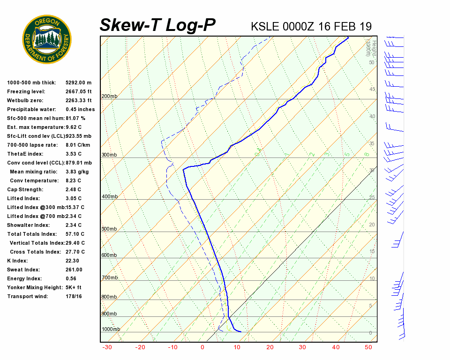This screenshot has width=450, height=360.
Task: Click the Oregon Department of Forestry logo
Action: pos(47,39)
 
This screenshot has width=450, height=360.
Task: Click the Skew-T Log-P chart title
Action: pos(157,25)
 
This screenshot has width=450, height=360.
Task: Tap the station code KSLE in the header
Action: pos(265,26)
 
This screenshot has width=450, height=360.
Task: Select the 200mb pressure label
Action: pos(109,97)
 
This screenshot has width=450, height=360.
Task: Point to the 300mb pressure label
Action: pos(109,155)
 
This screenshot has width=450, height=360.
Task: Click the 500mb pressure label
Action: pos(109,229)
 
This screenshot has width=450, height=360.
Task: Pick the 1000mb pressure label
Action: pos(111,330)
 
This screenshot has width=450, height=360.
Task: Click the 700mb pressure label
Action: pos(109,278)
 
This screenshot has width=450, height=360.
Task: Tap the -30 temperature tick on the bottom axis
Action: pos(107,347)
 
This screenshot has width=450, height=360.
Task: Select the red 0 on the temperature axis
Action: pos(202,347)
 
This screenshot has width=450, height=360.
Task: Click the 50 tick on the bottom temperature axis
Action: pos(368,347)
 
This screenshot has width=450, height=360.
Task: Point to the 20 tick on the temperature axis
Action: pos(270,347)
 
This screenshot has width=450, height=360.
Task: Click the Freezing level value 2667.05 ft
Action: pos(79,92)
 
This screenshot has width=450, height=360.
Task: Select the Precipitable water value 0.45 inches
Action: pos(80,110)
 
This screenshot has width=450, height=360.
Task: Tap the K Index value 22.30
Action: pos(72,261)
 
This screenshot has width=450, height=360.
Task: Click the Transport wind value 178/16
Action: pos(74,296)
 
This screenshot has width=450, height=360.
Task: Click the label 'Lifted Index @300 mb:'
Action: pos(35,207)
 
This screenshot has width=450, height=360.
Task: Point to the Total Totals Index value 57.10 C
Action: pos(75,234)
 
